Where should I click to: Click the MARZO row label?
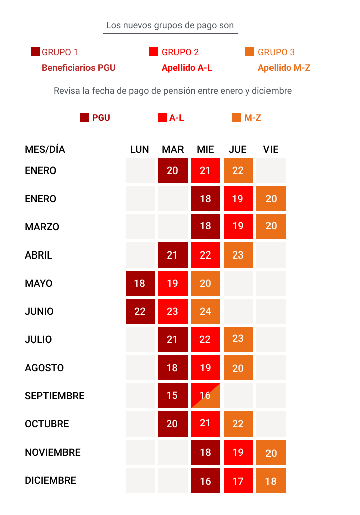(42, 227)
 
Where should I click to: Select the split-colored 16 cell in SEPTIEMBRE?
(205, 396)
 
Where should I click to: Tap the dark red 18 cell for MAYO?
(140, 283)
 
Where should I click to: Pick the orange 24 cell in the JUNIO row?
(205, 311)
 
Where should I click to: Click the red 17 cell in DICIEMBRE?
(238, 481)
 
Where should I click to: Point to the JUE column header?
(238, 149)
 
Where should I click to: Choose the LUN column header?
(140, 149)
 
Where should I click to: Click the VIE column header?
(271, 149)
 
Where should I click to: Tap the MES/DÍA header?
(45, 149)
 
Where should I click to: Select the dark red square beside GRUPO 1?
(35, 52)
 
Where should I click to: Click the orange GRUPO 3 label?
(276, 52)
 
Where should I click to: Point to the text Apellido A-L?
(187, 68)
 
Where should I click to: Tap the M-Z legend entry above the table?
(247, 118)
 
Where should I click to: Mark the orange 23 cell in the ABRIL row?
(238, 255)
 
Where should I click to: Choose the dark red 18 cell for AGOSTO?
(172, 368)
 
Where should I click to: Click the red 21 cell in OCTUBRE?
(205, 424)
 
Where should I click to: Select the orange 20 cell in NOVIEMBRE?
(271, 453)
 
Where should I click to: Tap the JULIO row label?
(38, 339)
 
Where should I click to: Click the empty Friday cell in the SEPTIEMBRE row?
(271, 396)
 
